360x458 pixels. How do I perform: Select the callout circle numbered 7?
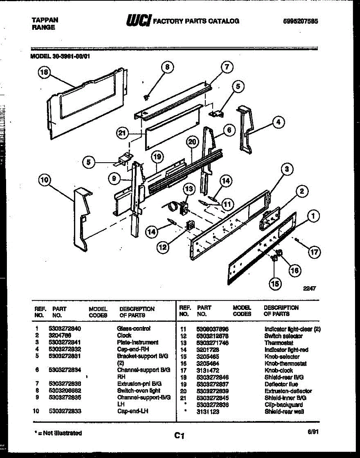click(226, 68)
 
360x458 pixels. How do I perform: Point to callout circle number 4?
click(279, 123)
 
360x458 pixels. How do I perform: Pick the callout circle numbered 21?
click(122, 133)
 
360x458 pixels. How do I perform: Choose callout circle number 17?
click(315, 252)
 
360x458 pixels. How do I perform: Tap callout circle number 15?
click(274, 284)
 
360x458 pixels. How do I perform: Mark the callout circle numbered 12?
click(163, 248)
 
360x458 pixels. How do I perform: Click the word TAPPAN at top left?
click(44, 20)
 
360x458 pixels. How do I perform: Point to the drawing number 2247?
click(310, 289)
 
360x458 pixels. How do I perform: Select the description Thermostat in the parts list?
click(279, 343)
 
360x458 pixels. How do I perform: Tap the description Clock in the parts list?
click(124, 335)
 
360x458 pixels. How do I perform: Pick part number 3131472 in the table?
click(208, 370)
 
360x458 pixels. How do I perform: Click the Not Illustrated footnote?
click(58, 433)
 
